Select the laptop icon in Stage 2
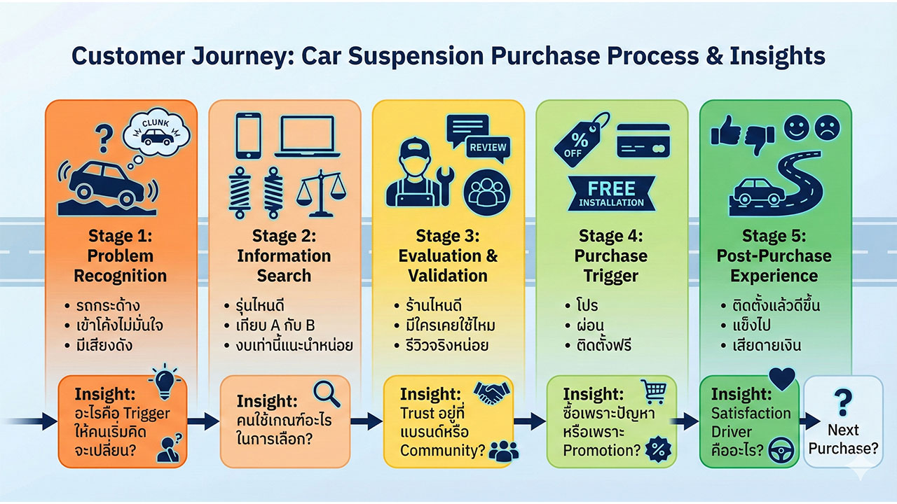pos(308,135)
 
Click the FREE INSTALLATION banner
pos(612,193)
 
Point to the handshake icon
pos(493,393)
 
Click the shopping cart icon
pos(653,391)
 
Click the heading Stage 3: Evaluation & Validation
pos(448,255)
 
